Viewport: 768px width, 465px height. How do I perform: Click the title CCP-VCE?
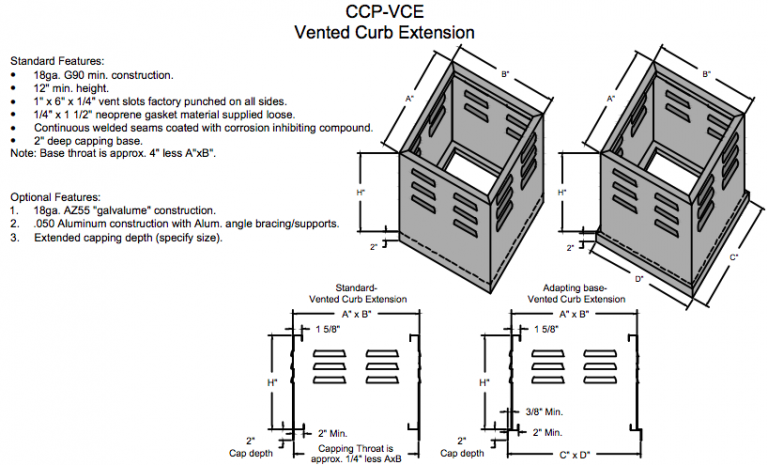383,12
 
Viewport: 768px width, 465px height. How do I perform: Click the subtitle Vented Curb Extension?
383,32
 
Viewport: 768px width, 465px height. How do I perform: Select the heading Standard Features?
58,60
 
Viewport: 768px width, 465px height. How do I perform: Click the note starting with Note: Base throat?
111,154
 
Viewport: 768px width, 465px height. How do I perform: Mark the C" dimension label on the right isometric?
735,256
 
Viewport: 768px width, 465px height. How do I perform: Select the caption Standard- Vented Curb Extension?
357,293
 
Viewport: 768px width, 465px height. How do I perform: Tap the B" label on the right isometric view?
707,75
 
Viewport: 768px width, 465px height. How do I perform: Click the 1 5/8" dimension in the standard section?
326,329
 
